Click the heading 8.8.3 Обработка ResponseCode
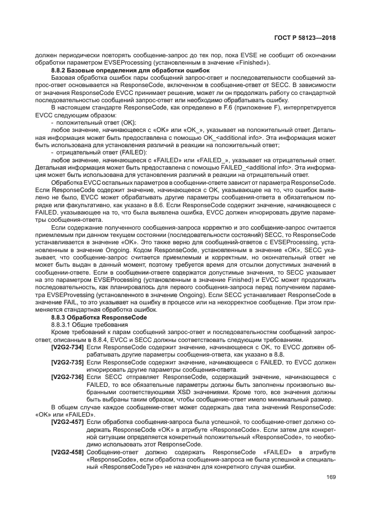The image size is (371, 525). (x=91, y=317)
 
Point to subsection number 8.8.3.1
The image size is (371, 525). (x=60, y=325)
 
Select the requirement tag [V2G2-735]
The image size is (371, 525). (x=68, y=363)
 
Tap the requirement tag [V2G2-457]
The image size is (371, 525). (x=68, y=422)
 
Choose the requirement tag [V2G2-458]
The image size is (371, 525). (x=68, y=451)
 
